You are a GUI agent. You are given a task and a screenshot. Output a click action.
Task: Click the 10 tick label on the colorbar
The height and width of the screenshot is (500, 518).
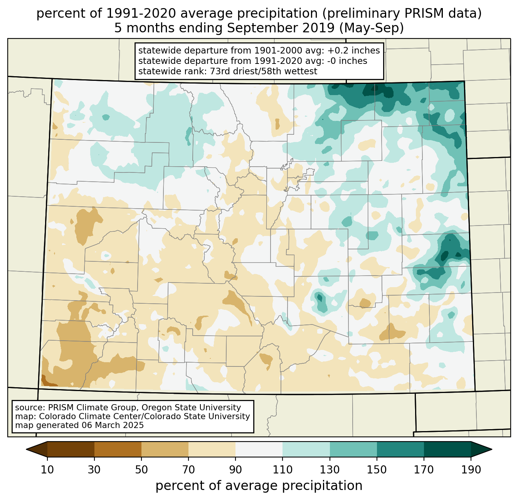[47, 470]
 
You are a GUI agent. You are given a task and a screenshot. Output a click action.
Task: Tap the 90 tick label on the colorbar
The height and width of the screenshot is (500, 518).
[235, 470]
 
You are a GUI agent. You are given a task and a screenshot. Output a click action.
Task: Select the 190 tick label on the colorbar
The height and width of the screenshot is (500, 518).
[471, 470]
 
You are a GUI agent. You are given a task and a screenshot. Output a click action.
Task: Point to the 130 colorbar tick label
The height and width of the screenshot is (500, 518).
[330, 470]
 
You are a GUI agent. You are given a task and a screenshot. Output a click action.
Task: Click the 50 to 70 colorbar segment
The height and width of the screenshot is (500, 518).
[165, 449]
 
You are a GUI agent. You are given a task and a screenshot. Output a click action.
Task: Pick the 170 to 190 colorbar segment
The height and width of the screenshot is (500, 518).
[447, 449]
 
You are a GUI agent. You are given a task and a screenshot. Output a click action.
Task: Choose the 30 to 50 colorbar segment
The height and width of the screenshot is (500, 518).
[118, 449]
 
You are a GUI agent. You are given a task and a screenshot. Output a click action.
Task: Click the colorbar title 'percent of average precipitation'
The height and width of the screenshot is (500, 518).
[259, 486]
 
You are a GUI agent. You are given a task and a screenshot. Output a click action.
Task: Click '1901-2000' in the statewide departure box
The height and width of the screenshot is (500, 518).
[269, 51]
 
